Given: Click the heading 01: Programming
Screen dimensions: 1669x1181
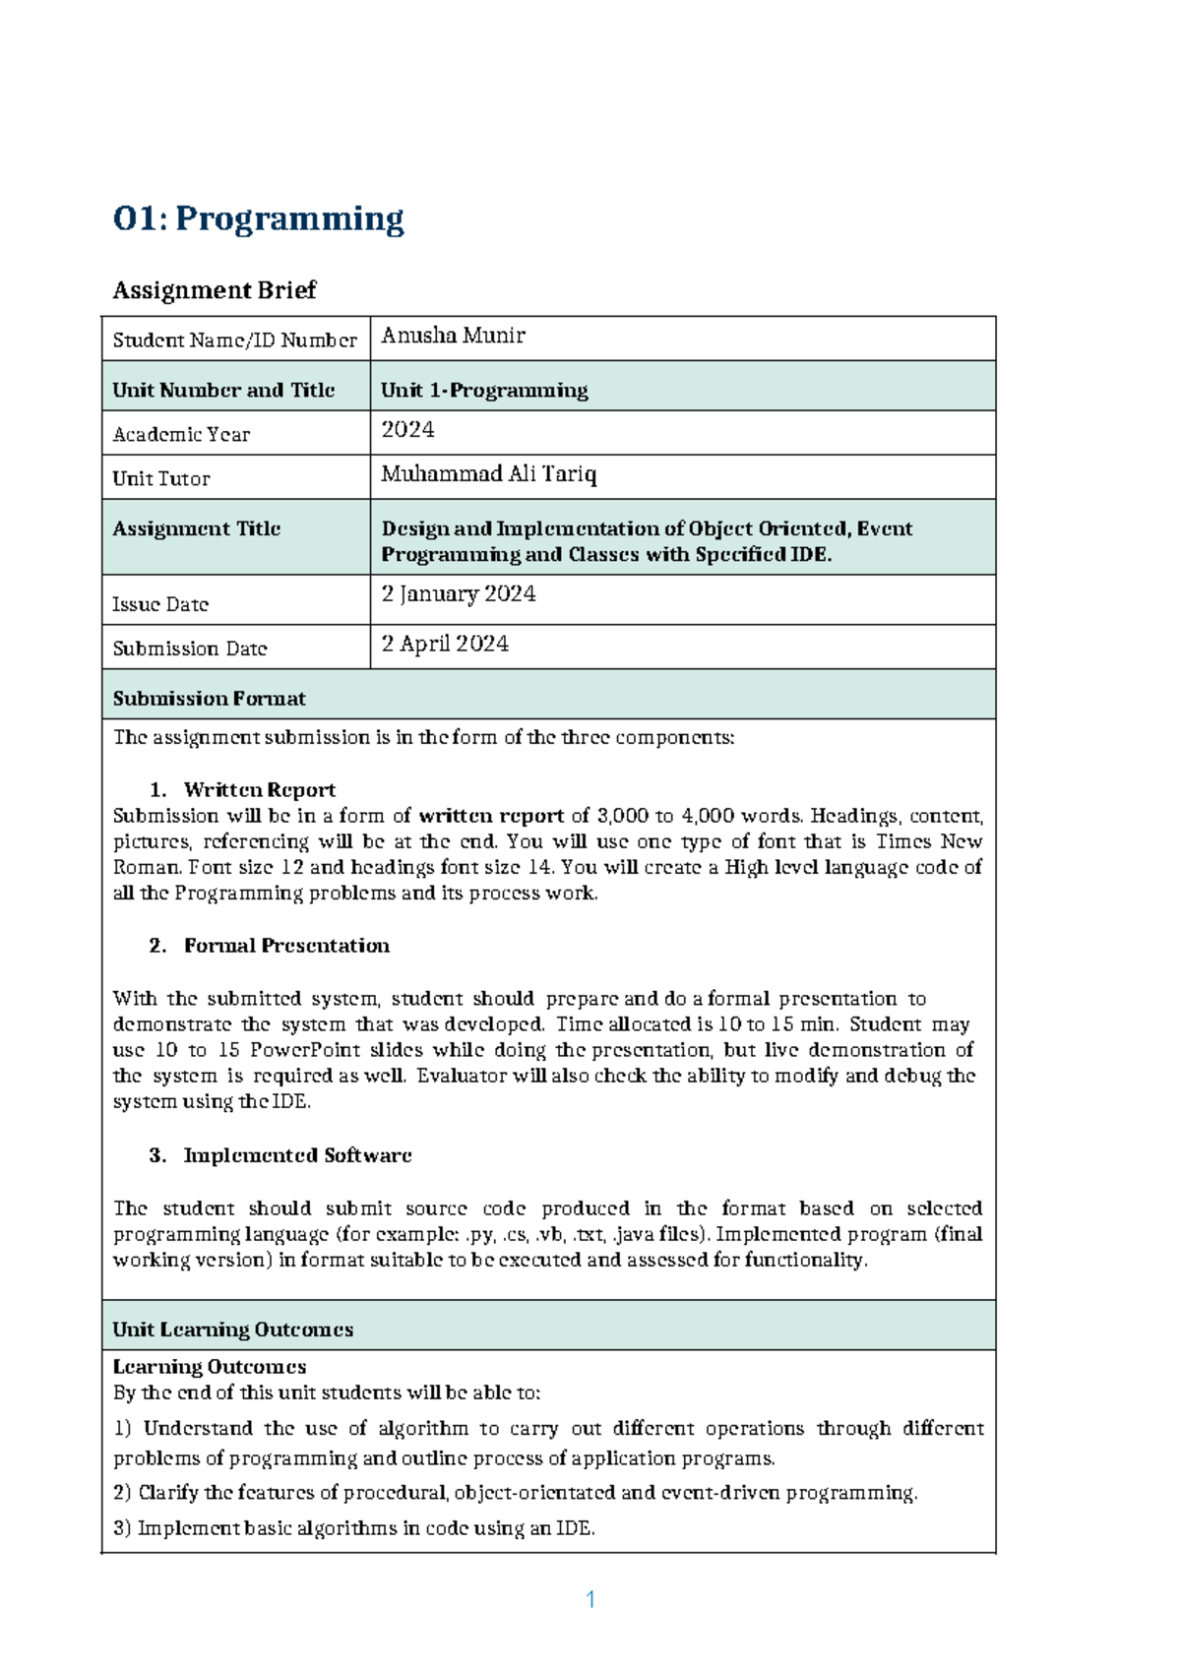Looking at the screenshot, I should (259, 218).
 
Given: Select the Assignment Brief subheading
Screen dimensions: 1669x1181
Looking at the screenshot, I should (215, 290).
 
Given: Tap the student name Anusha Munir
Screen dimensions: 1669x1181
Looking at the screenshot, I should (453, 336).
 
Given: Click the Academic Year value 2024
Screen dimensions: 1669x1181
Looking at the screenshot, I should (407, 430).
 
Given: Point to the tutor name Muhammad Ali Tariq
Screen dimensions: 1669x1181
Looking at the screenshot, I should (488, 474).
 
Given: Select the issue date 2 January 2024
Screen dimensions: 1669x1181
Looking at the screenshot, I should (459, 594).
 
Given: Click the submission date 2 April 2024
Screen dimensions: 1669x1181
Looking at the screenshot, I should (445, 644).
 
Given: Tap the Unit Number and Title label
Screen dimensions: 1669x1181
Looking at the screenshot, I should (223, 390).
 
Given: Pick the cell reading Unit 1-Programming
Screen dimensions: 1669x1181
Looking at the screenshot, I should (484, 390).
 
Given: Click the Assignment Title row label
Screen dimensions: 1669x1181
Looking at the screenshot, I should (196, 528).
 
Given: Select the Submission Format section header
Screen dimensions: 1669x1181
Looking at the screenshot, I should (209, 699).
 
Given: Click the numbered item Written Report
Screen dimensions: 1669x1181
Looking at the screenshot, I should (259, 790).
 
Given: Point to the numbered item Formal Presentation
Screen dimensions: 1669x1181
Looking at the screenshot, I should (286, 946).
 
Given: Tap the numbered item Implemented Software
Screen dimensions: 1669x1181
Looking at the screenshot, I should (297, 1155).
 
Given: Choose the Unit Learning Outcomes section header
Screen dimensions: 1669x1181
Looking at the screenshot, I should (232, 1329).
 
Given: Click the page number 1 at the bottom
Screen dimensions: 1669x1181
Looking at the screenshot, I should (590, 1599).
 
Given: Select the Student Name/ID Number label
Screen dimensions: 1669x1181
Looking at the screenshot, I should (234, 340).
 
